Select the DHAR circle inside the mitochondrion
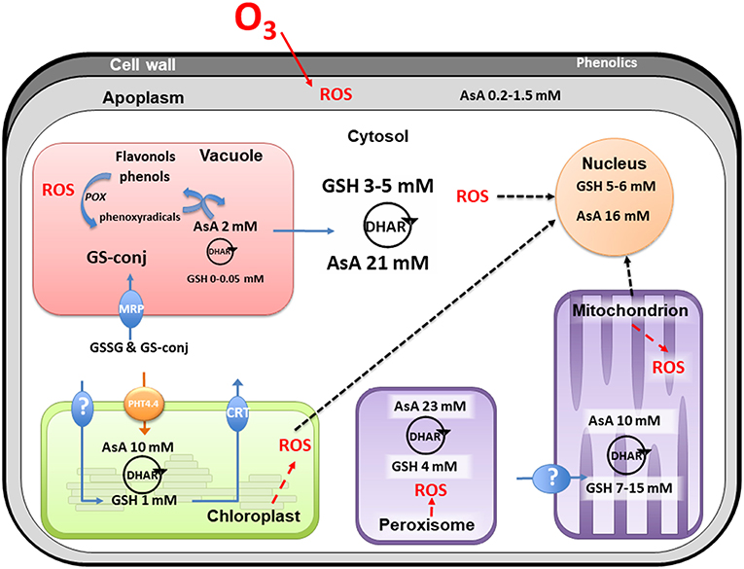coord(631,451)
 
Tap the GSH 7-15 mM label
coord(631,483)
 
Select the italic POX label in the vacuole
coord(93,195)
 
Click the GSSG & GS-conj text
coord(143,346)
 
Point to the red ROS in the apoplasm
coord(337,95)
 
